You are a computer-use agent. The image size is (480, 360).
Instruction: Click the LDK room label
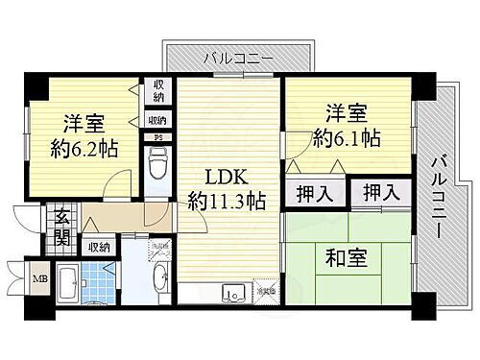[228, 178]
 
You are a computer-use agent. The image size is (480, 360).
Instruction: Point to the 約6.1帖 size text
[346, 137]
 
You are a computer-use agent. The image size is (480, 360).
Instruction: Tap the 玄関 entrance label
[60, 227]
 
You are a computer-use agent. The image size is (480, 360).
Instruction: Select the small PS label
[158, 137]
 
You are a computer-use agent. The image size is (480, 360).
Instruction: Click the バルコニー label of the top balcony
[239, 60]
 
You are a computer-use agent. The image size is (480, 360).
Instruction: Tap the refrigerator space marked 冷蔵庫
[263, 289]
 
